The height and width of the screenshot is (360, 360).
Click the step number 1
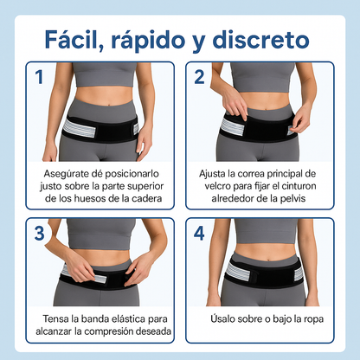pos(39,77)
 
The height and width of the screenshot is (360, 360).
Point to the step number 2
pos(199,77)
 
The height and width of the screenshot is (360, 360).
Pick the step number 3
pos(40,233)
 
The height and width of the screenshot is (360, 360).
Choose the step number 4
pos(199,233)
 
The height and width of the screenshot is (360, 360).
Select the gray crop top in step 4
pos(265,231)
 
